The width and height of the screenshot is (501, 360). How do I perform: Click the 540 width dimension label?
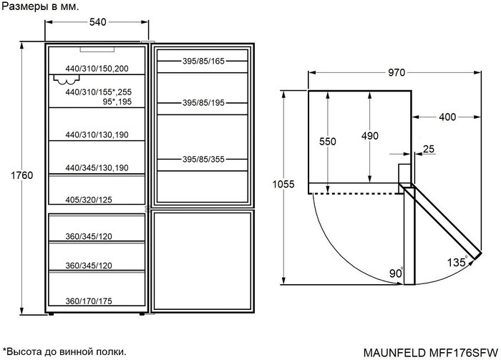click(x=97, y=22)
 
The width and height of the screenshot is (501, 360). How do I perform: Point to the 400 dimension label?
click(x=447, y=117)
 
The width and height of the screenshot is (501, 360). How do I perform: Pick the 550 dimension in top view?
click(x=327, y=142)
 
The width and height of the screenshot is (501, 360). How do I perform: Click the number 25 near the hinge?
click(x=429, y=149)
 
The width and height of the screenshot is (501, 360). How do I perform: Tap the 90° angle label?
click(x=395, y=273)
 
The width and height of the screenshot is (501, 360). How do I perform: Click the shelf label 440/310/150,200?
click(x=97, y=68)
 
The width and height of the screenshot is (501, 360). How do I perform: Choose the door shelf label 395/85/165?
click(x=203, y=62)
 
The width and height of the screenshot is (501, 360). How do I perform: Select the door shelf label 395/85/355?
click(x=203, y=159)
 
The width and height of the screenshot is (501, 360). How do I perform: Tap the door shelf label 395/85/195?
click(x=203, y=103)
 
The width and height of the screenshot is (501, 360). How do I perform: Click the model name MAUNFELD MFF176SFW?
click(x=431, y=351)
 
